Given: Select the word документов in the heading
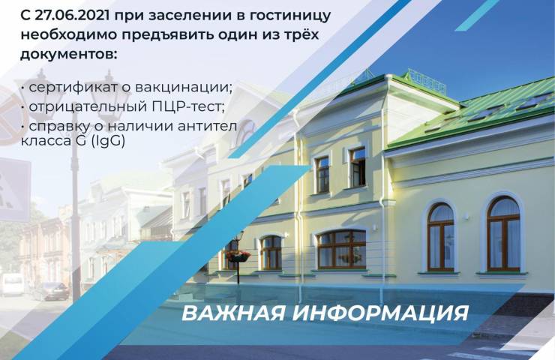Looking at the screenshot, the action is [x=67, y=55].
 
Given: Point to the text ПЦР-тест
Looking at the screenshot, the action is [x=188, y=106].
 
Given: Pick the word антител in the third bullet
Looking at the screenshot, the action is [x=207, y=126].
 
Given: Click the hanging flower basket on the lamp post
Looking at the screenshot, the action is [x=238, y=256].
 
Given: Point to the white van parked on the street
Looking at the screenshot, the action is [x=12, y=283].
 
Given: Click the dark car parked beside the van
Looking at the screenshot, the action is [x=50, y=291].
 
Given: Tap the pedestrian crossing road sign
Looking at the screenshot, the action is [x=14, y=190].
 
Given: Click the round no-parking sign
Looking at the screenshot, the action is [x=10, y=115].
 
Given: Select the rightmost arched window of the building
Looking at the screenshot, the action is [x=503, y=234].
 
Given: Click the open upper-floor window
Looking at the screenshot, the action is [x=357, y=166].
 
